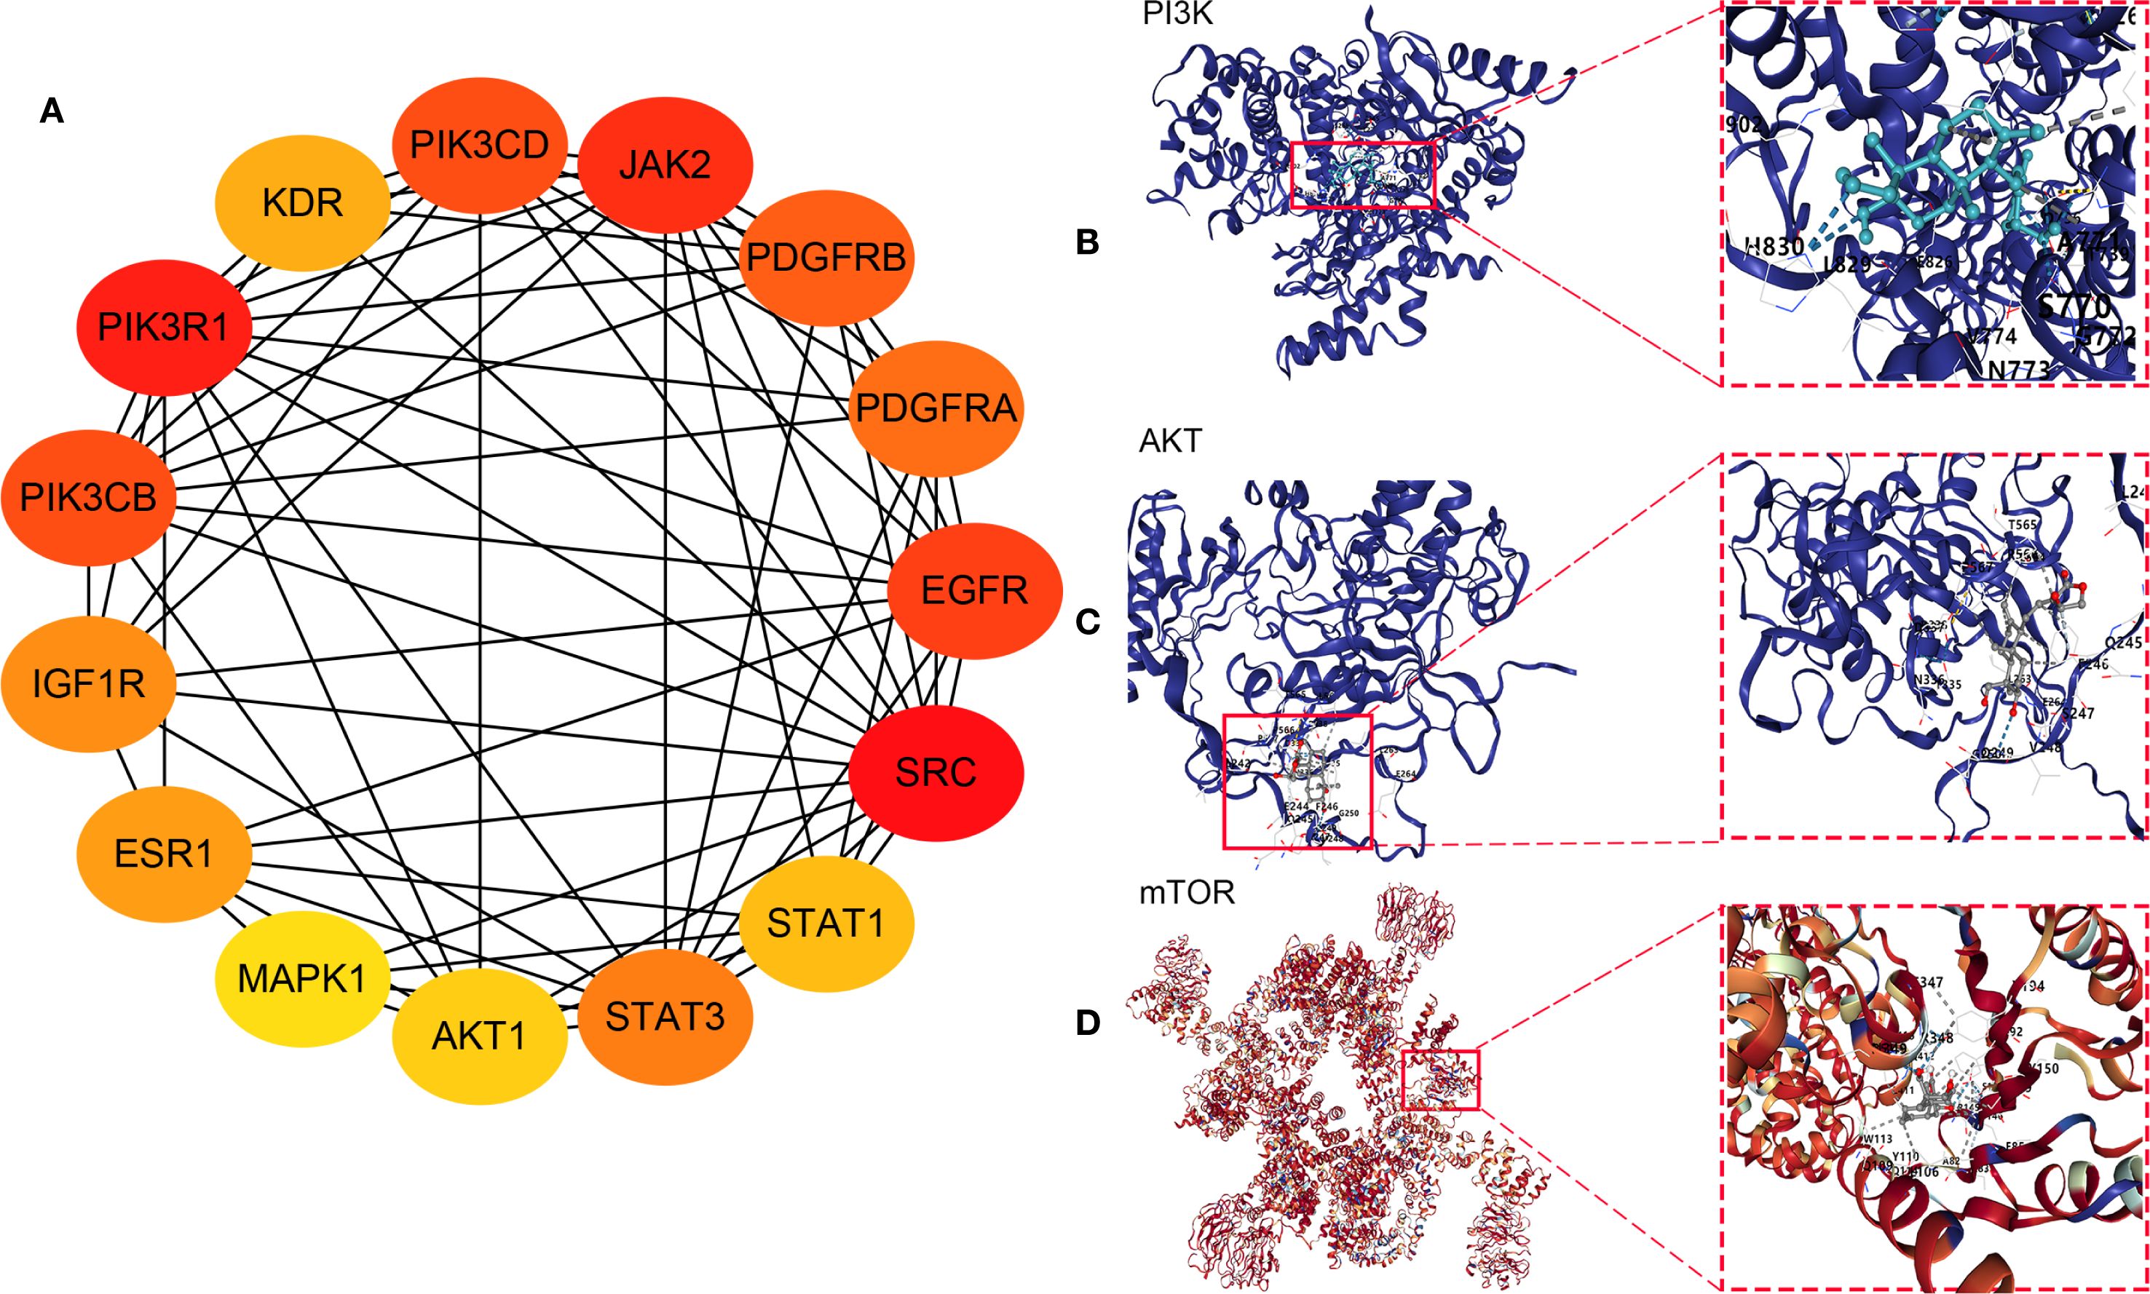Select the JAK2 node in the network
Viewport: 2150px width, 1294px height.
[x=665, y=164]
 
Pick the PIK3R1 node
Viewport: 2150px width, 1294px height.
[x=164, y=328]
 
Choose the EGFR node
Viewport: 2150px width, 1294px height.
[x=974, y=590]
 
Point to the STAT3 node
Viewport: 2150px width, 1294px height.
[x=665, y=1017]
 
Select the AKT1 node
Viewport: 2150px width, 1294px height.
[x=480, y=1036]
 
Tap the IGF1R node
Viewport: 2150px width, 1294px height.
[x=88, y=683]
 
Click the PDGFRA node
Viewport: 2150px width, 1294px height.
[x=936, y=408]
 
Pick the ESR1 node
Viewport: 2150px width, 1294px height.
[x=164, y=853]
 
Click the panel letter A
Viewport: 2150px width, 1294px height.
[x=52, y=111]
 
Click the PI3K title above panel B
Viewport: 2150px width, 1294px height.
[x=1177, y=14]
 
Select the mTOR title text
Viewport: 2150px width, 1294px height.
[x=1187, y=893]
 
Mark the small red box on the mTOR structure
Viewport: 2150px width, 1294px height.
[x=1440, y=1079]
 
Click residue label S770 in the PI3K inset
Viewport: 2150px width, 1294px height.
[x=2074, y=306]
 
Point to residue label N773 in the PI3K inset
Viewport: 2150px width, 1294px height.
[x=2017, y=370]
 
